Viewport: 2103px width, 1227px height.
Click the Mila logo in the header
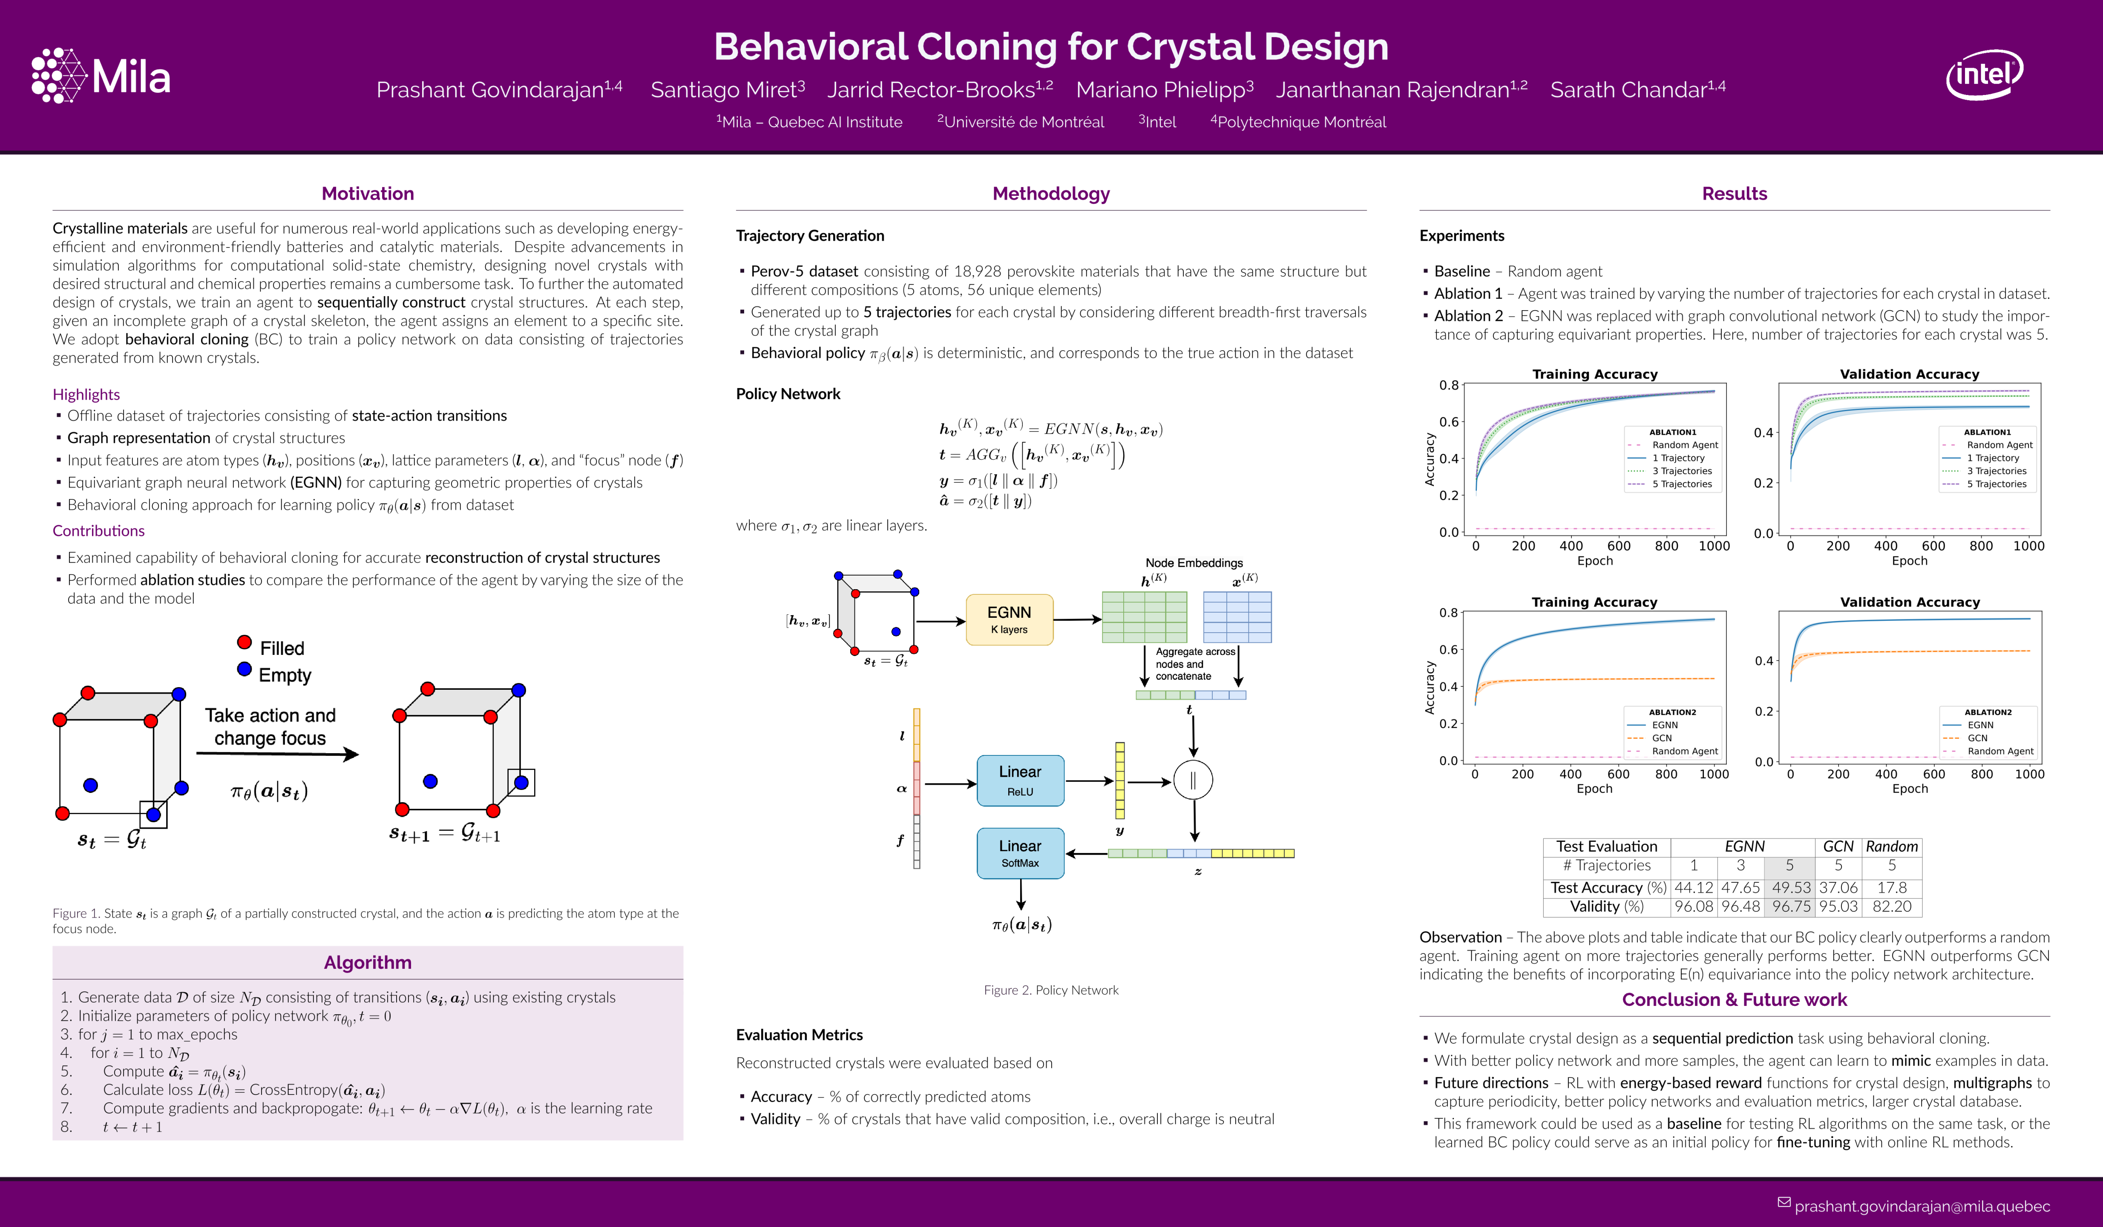coord(101,76)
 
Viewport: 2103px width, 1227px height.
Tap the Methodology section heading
coord(1051,194)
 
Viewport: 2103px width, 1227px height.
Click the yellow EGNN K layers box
coord(1009,619)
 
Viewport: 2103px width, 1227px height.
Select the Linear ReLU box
coord(1020,781)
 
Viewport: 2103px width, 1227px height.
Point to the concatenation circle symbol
coord(1193,781)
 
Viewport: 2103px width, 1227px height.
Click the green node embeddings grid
coord(1144,617)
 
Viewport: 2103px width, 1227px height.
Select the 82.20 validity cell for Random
coord(1892,907)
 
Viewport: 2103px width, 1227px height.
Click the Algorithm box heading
coord(367,962)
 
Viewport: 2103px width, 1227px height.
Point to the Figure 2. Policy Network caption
coord(1051,990)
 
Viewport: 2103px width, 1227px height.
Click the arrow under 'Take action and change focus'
coord(277,754)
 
